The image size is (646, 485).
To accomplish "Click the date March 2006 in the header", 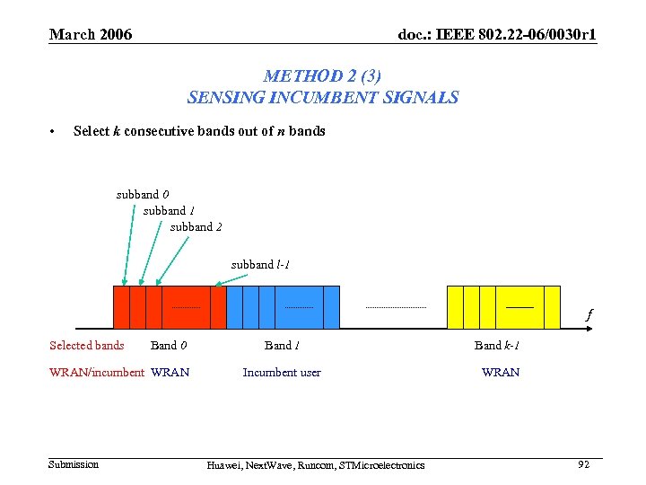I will tap(91, 35).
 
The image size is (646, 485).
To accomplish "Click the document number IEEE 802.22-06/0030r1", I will tap(497, 35).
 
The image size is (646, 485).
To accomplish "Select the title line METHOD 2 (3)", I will tap(322, 77).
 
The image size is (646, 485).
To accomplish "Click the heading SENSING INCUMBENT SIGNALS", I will tap(322, 97).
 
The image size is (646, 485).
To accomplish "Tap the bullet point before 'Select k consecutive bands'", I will tap(54, 132).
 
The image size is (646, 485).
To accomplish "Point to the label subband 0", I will tap(142, 194).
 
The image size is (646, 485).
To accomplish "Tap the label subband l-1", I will tap(259, 264).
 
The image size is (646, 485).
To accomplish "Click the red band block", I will tap(169, 307).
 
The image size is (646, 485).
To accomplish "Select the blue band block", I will tap(283, 307).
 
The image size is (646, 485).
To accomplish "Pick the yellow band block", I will tap(502, 307).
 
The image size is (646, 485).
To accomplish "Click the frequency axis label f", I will tap(589, 315).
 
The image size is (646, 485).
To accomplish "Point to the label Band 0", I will tap(169, 345).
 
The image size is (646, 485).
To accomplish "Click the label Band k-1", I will tap(498, 345).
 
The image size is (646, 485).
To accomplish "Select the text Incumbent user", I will tap(282, 372).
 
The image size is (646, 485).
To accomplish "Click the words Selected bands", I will tap(86, 345).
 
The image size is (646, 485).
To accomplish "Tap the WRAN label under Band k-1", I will tap(500, 372).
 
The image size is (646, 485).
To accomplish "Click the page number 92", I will tap(583, 464).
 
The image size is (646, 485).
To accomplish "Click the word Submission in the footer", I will tap(74, 464).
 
